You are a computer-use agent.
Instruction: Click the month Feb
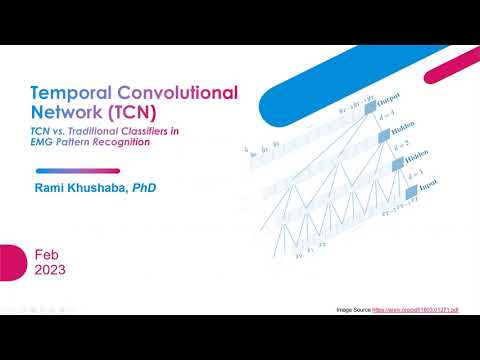point(46,254)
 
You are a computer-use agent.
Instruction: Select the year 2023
point(50,271)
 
